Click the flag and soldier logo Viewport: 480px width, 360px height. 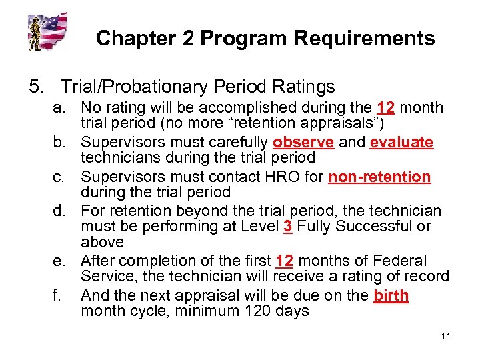[47, 31]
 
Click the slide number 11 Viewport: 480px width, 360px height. [445, 335]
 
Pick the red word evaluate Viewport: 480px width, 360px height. [401, 143]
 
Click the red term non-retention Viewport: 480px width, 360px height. [379, 177]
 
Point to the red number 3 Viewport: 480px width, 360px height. [287, 227]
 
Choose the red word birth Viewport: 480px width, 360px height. [391, 295]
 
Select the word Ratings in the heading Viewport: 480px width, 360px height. [303, 87]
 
